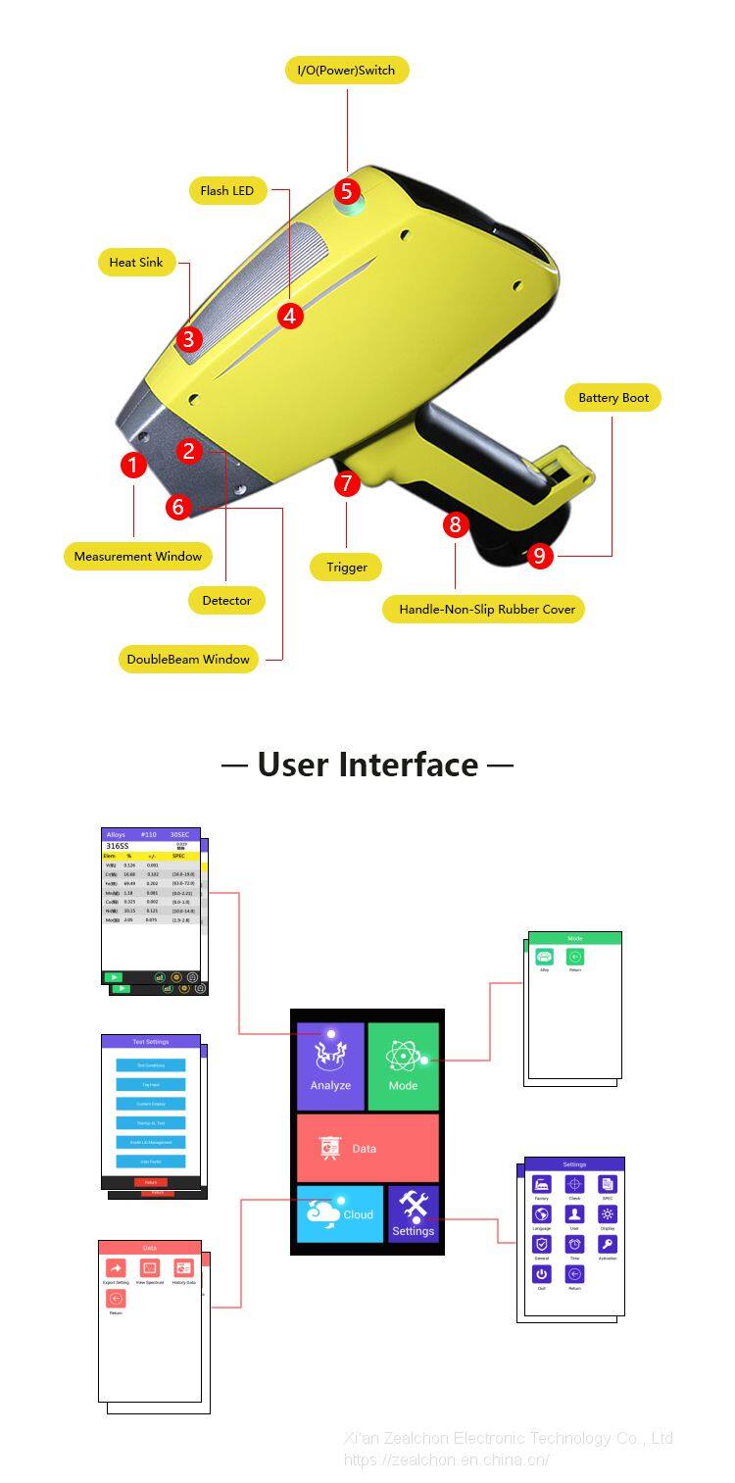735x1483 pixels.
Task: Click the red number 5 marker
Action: [x=347, y=191]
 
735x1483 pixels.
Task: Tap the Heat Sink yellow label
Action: [x=136, y=263]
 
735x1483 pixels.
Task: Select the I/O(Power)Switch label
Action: [x=346, y=71]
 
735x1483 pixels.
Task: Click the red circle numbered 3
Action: [x=190, y=339]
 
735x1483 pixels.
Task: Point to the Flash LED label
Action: [x=227, y=191]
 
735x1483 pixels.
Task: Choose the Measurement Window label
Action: [x=138, y=556]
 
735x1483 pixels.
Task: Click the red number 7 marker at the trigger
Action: [x=347, y=482]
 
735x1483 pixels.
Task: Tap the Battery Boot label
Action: [x=612, y=398]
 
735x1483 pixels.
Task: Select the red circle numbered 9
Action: [x=539, y=556]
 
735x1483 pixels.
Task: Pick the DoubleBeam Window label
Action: [x=189, y=659]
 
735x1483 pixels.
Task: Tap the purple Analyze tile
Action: [x=330, y=1066]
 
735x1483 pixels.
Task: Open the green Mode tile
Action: [x=403, y=1066]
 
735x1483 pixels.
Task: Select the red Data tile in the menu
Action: [x=367, y=1148]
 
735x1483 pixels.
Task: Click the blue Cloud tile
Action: [x=339, y=1214]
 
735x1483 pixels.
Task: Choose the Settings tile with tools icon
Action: [x=413, y=1214]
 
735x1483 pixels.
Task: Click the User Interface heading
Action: [x=367, y=765]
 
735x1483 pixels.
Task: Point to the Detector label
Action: [x=226, y=600]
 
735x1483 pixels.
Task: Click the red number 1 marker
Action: [x=133, y=465]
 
